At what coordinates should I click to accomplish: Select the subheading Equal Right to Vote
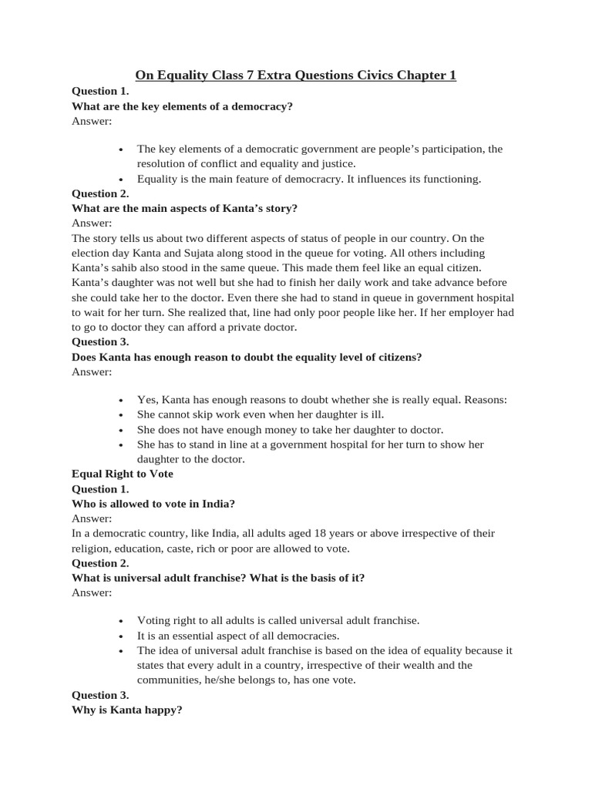tap(122, 474)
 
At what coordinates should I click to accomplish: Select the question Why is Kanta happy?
tap(126, 710)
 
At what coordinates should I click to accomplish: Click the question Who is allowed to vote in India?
tap(153, 504)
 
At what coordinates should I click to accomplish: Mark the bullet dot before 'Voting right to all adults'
tap(122, 621)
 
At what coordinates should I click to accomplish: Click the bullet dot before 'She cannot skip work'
tap(122, 415)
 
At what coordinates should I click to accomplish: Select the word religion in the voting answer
tap(92, 549)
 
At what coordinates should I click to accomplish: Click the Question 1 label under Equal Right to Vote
tap(100, 489)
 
